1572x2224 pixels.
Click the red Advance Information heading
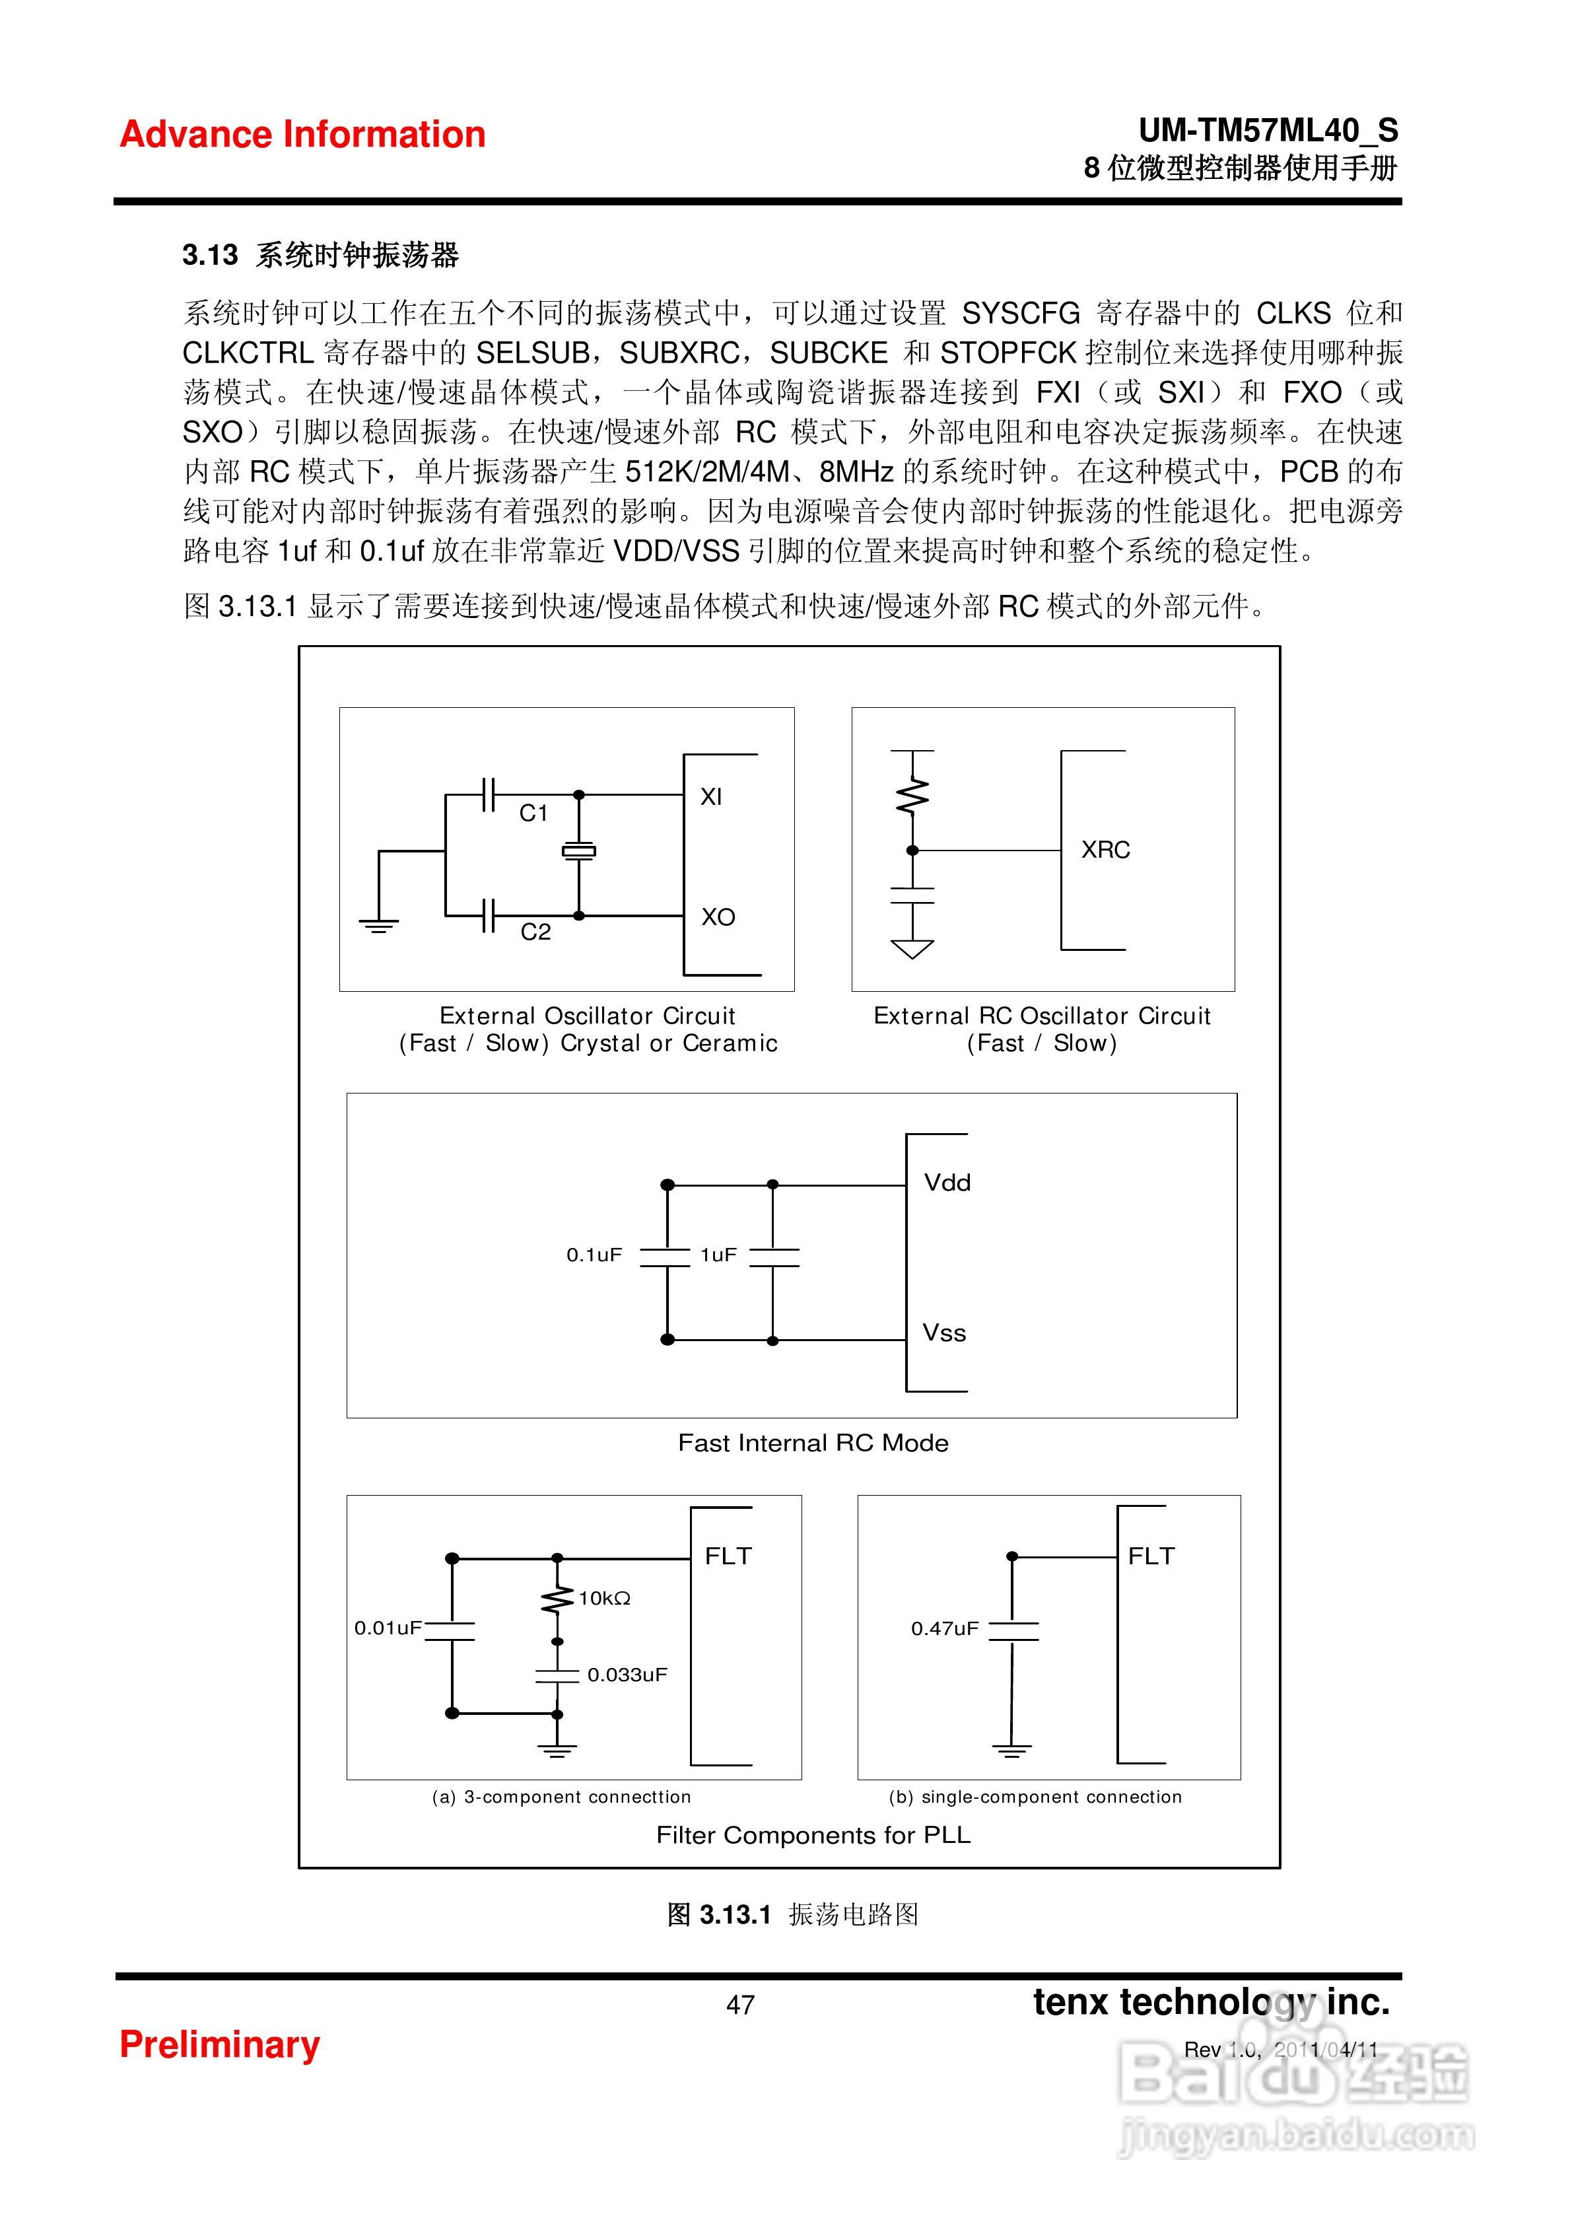tap(302, 135)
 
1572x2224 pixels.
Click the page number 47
tap(740, 2005)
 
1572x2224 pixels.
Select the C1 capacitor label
tap(533, 814)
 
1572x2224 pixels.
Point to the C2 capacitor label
tap(535, 932)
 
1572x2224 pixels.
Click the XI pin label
tap(711, 797)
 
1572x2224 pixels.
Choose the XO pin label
tap(718, 917)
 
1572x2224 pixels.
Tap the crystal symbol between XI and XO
tap(579, 851)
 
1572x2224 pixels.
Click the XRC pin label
tap(1105, 849)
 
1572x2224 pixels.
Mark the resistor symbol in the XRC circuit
tap(911, 797)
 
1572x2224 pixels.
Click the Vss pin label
tap(944, 1333)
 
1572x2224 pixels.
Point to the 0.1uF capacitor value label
tap(594, 1255)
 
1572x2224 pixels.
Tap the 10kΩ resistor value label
tap(604, 1598)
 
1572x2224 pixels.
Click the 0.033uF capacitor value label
tap(627, 1675)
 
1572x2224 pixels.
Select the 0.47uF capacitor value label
tap(944, 1628)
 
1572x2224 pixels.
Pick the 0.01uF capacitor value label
tap(388, 1627)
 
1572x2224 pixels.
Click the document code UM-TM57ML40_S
tap(1268, 131)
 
